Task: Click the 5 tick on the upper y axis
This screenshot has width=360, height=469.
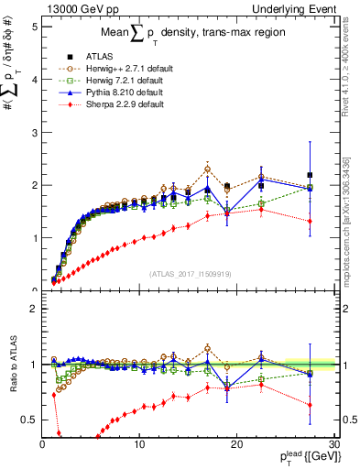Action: pyautogui.click(x=34, y=26)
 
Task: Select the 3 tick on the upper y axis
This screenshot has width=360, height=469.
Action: pyautogui.click(x=34, y=132)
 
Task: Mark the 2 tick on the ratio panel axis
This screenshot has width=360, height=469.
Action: pyautogui.click(x=34, y=309)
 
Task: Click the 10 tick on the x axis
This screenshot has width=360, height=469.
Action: pyautogui.click(x=139, y=443)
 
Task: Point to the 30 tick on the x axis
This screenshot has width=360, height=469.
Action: pyautogui.click(x=333, y=443)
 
